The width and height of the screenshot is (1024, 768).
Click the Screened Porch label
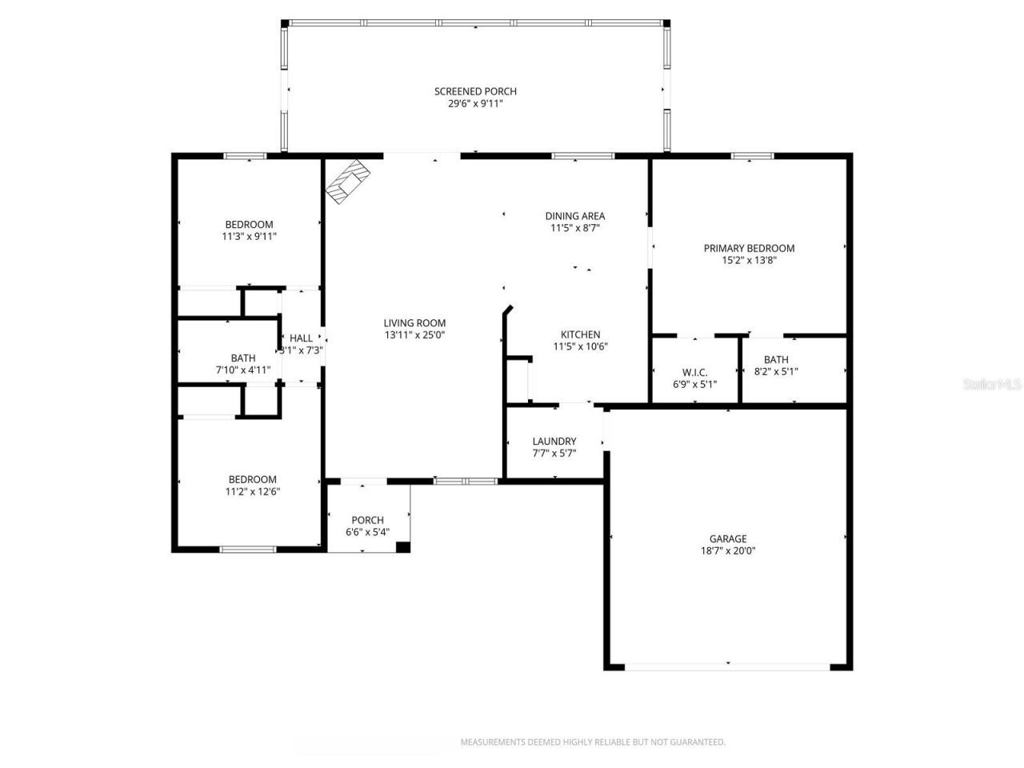475,91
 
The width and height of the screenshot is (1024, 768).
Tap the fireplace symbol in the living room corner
349,182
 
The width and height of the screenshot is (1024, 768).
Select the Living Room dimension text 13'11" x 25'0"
414,335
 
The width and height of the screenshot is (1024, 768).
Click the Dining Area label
574,216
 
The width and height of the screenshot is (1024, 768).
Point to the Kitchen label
580,334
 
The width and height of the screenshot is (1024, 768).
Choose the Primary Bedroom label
749,248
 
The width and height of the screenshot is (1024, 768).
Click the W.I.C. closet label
694,372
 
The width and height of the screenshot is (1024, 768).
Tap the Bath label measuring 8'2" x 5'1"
776,360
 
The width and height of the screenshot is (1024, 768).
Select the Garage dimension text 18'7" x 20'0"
728,550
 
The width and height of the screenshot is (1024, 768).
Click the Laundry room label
554,441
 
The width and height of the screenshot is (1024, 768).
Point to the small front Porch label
368,520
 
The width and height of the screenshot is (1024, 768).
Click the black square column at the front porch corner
403,547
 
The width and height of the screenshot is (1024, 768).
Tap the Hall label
302,338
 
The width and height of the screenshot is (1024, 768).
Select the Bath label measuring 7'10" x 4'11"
243,358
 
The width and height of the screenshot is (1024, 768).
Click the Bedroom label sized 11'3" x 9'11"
249,225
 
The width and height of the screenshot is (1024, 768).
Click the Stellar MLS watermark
992,384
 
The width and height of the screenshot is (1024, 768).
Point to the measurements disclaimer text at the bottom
593,742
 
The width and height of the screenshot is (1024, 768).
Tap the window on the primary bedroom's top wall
752,156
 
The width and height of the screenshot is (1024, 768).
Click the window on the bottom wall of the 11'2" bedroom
248,549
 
